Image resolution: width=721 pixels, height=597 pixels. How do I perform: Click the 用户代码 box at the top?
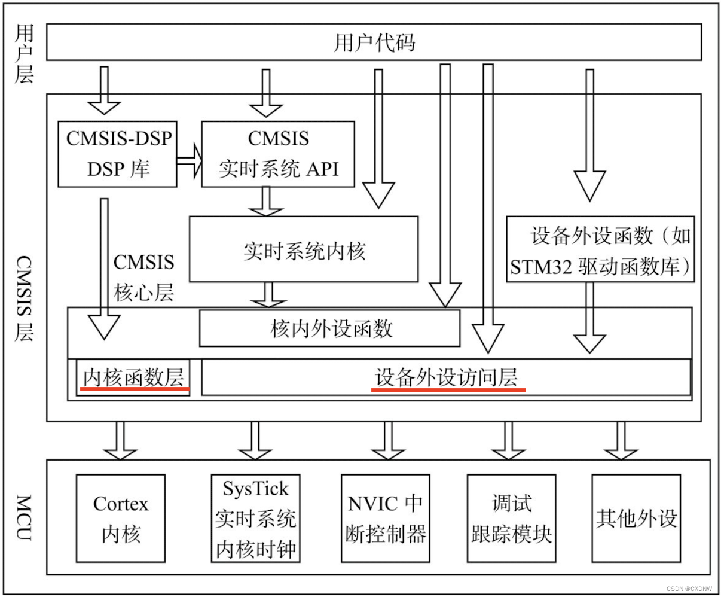tap(374, 42)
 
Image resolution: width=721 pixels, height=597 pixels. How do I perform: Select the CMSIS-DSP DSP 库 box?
tap(118, 154)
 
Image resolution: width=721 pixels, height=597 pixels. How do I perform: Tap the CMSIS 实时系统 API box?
tap(278, 154)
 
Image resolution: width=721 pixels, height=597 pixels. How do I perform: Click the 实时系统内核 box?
tap(304, 249)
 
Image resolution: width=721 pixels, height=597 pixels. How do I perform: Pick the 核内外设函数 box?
tap(329, 328)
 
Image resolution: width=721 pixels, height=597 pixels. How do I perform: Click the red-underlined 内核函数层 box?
tap(133, 377)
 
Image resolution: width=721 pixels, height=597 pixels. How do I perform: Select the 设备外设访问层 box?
tap(446, 377)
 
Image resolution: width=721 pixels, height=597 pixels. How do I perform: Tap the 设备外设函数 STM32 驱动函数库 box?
tap(600, 249)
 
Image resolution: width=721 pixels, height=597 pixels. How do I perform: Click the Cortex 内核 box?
tap(121, 518)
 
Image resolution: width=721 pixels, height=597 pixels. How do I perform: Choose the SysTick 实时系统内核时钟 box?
tap(255, 518)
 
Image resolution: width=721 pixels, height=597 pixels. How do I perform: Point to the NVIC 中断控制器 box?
tap(386, 518)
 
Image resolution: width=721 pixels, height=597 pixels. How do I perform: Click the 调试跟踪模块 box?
tap(511, 518)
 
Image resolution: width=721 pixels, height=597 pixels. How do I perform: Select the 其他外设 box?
tap(636, 518)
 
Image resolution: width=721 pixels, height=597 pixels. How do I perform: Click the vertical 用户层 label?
tap(24, 54)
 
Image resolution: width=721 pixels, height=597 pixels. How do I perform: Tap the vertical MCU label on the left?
tap(24, 517)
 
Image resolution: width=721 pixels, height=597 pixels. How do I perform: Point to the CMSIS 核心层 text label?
tap(143, 277)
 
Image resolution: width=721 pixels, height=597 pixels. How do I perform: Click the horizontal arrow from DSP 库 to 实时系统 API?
tap(190, 161)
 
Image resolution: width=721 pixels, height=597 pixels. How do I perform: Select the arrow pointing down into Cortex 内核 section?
tap(120, 440)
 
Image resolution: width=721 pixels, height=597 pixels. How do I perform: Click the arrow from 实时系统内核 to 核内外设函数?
tap(267, 294)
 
